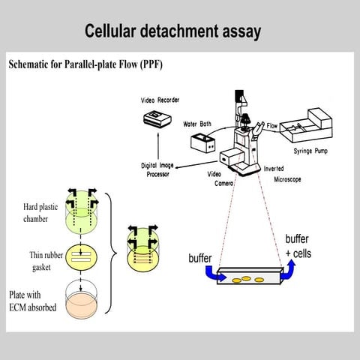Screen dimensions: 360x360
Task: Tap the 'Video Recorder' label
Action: (x=162, y=100)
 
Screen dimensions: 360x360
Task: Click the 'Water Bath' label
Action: (x=198, y=124)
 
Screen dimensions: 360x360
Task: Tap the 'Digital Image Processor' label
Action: (x=166, y=169)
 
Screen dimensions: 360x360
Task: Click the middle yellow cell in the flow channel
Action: (x=245, y=279)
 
